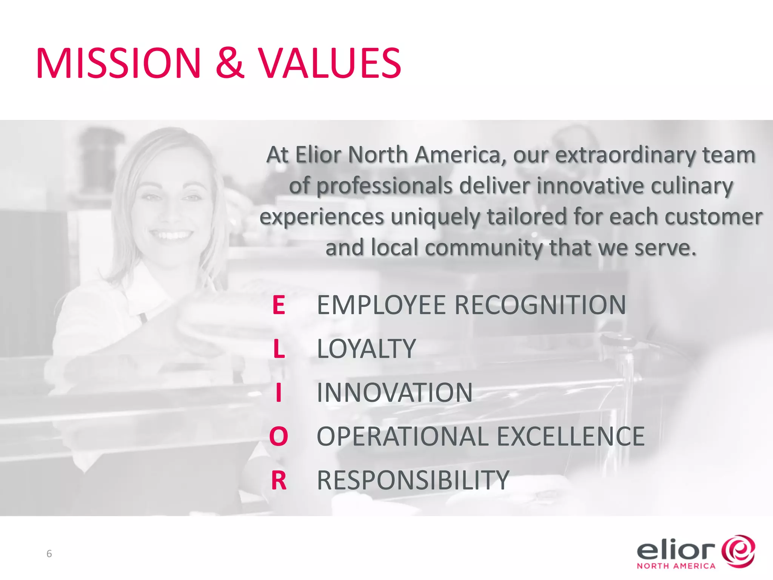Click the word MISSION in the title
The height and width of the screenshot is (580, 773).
coord(119,63)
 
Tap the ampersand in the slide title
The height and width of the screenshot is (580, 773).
coord(230,63)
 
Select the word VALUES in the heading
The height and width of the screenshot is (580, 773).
coord(331,63)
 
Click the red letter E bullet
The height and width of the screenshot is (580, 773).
coord(279,305)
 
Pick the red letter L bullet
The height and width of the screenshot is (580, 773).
coord(279,349)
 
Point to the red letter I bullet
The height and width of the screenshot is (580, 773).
coord(279,393)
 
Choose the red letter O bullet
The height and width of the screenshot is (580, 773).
coord(279,437)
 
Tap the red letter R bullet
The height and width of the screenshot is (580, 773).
coord(279,480)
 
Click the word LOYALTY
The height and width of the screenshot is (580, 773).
coord(366,349)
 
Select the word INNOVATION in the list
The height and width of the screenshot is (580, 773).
coord(394,393)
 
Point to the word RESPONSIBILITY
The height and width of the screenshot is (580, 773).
coord(413,480)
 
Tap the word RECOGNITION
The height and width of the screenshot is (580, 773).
coord(540,305)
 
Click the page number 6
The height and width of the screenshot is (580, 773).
coord(49,554)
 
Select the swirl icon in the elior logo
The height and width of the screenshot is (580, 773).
coord(738,551)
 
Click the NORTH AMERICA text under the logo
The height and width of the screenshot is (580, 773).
coord(676,566)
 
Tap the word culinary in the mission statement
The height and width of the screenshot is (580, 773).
coord(692,186)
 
